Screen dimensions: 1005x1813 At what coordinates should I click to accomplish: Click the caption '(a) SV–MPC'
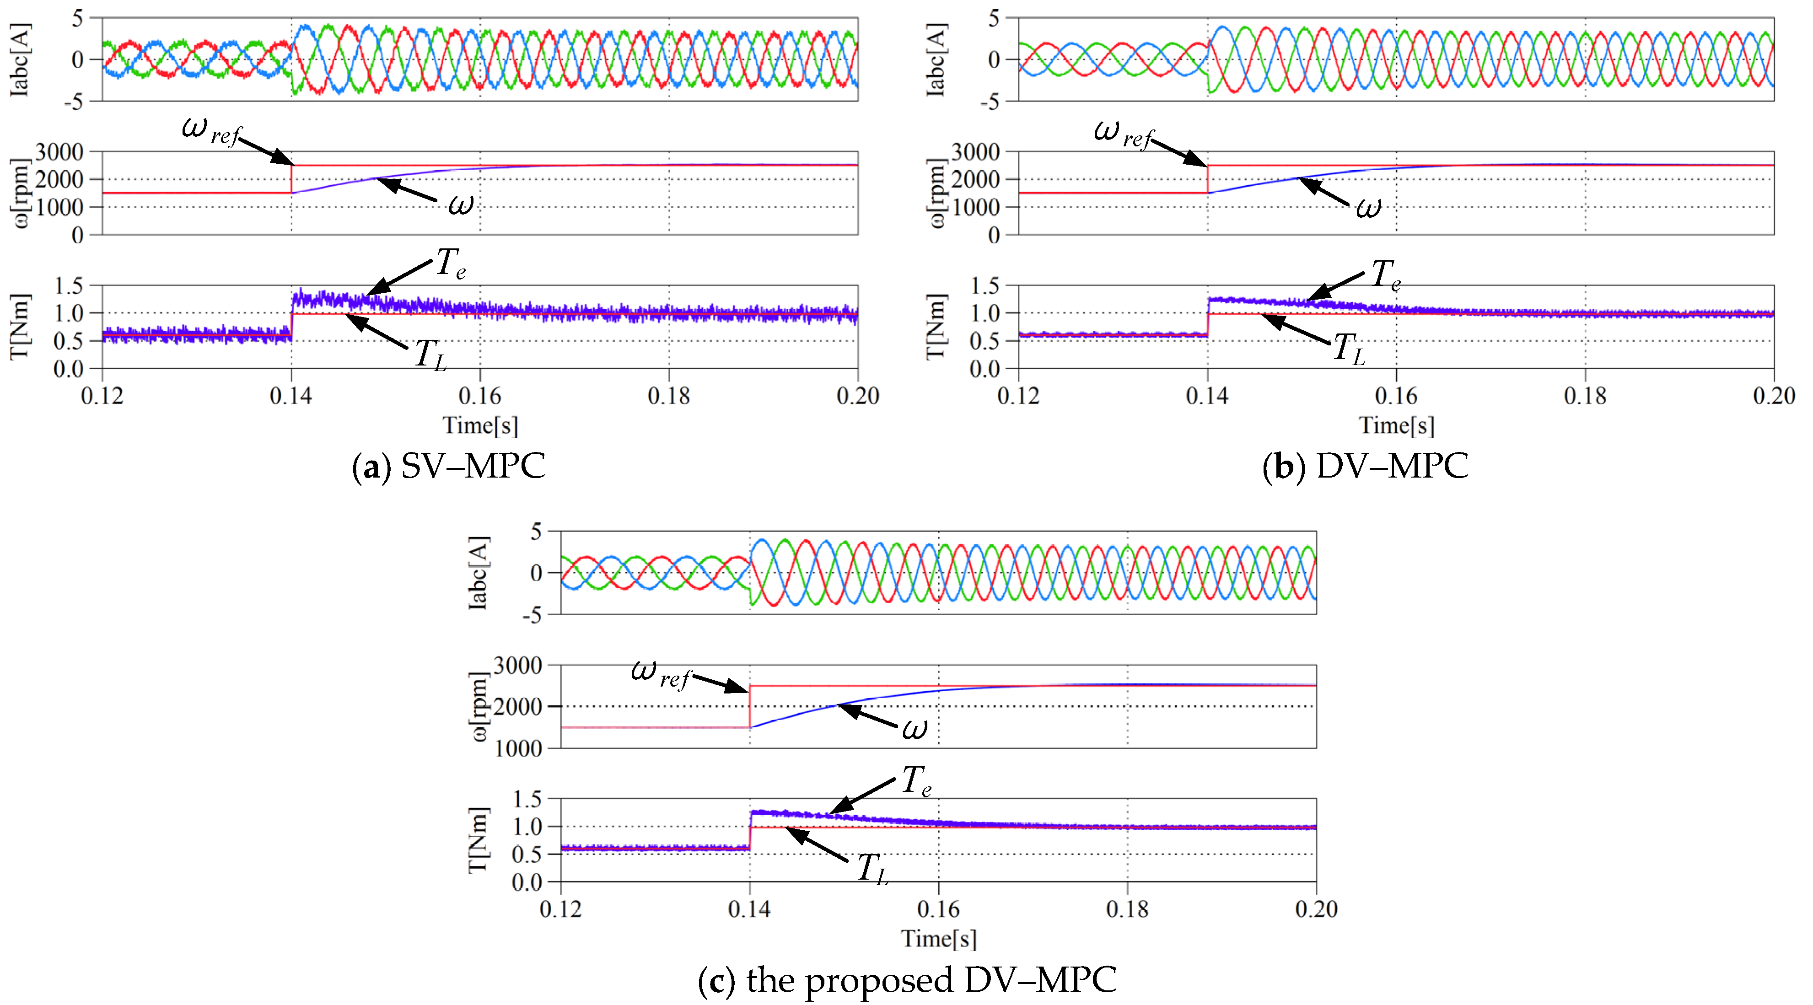pos(448,466)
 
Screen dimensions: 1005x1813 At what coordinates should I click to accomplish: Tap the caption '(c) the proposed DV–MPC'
pos(907,980)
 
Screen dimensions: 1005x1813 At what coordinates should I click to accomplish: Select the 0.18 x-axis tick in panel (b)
pos(1585,396)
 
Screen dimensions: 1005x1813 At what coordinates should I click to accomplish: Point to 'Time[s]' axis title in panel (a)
pos(480,426)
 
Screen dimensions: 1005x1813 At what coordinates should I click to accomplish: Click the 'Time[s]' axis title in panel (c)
pos(938,939)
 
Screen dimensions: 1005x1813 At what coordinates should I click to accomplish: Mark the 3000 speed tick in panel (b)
pos(975,152)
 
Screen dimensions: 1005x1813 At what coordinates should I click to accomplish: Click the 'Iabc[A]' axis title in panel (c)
pos(479,572)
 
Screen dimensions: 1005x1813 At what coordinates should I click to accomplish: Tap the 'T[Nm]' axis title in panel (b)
pos(936,327)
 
